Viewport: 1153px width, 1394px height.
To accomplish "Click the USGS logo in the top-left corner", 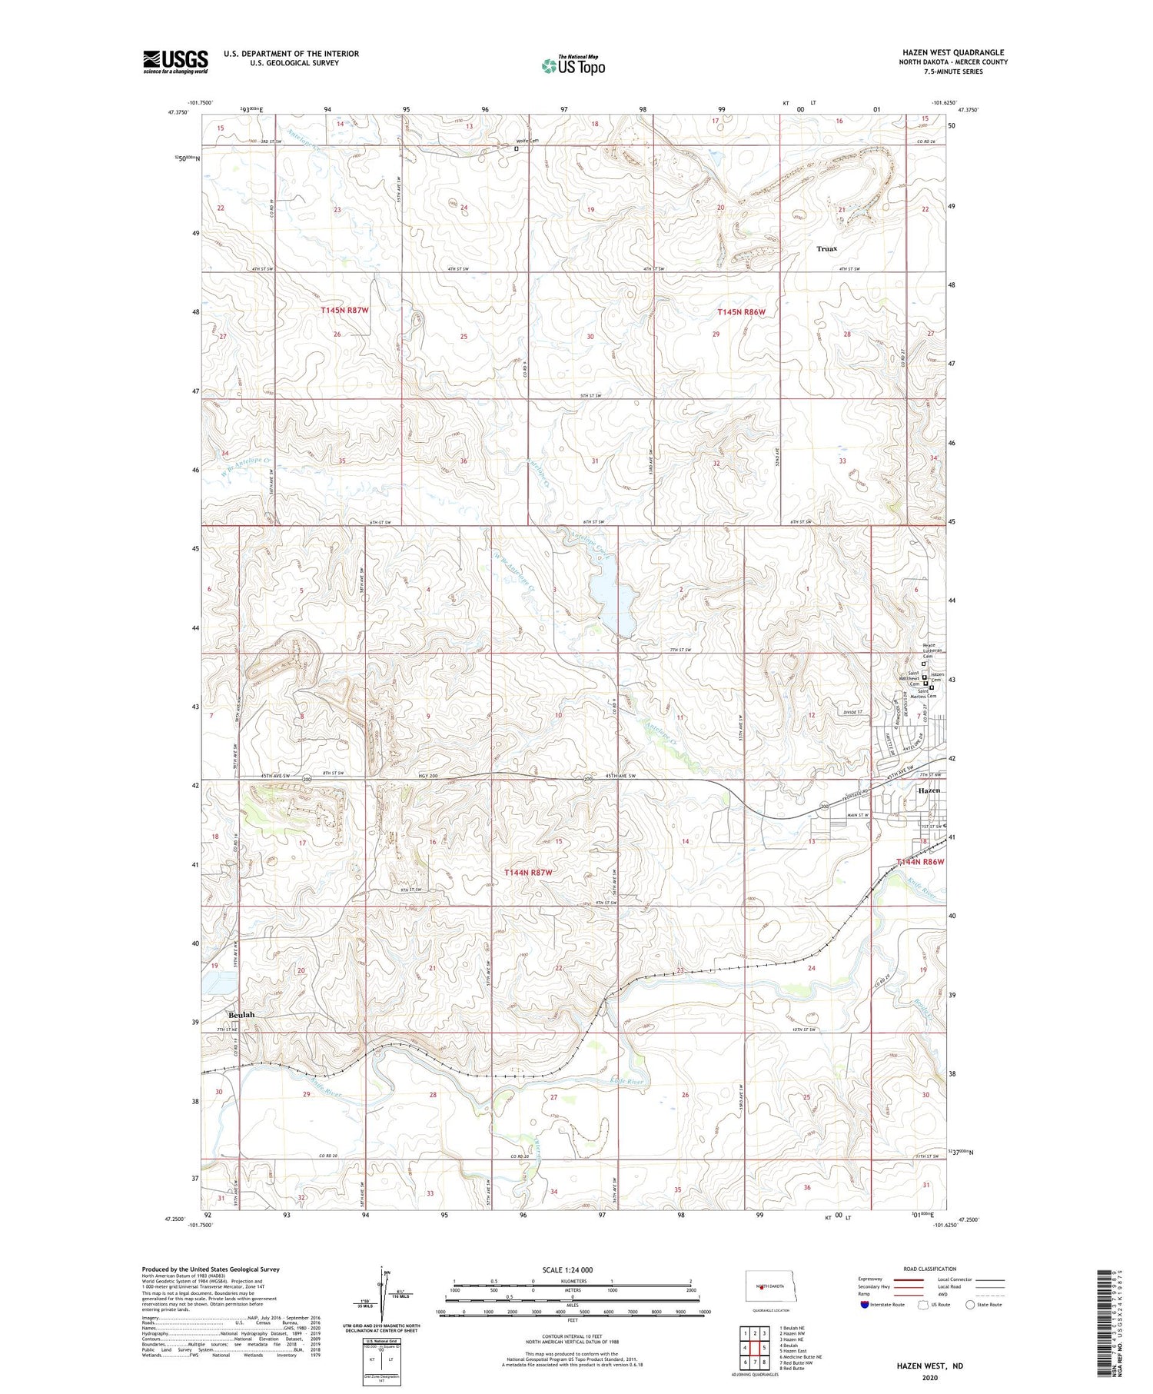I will (x=175, y=62).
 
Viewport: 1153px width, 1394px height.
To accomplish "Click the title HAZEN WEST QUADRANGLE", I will (x=953, y=53).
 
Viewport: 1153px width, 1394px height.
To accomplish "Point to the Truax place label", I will (x=827, y=249).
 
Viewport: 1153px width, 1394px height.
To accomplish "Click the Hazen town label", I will (x=929, y=790).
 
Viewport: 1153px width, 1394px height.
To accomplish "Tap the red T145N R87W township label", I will (x=345, y=311).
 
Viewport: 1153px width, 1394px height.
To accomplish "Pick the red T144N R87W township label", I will (x=528, y=873).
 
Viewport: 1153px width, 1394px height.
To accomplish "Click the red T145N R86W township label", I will (x=742, y=312).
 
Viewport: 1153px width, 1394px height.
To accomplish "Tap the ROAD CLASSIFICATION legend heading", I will (x=930, y=1269).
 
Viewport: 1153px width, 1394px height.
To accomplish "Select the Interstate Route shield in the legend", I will (x=865, y=1304).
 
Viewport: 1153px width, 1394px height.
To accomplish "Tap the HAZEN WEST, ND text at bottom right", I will (x=929, y=1366).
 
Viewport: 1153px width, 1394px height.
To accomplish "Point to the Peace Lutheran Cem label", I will (x=932, y=650).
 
